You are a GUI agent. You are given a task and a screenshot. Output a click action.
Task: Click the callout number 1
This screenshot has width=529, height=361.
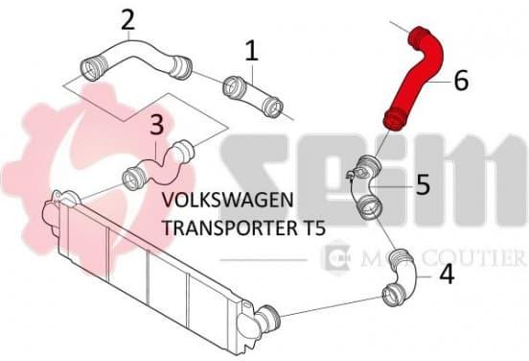click(252, 51)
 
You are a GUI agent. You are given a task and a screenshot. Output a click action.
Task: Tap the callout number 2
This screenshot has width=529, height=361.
click(127, 19)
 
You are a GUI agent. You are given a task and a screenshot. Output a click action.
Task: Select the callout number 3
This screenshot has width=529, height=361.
click(156, 124)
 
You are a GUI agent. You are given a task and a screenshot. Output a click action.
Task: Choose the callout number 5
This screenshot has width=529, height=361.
click(423, 184)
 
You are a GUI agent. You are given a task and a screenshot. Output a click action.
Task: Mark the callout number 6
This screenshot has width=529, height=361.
click(461, 80)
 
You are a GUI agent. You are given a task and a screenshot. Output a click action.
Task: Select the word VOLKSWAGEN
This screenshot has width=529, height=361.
click(228, 200)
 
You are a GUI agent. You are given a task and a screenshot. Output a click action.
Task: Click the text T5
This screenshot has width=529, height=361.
click(313, 228)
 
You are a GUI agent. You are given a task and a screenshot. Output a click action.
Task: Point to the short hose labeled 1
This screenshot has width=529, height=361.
click(253, 96)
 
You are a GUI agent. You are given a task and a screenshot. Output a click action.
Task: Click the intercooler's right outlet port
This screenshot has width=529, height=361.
click(269, 319)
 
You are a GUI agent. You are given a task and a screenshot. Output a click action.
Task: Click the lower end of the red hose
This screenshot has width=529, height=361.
click(395, 121)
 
